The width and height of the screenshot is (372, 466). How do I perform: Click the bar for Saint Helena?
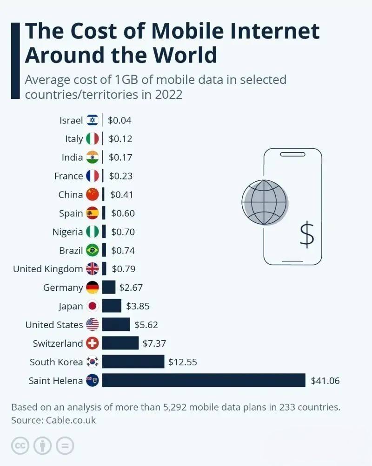pos(204,380)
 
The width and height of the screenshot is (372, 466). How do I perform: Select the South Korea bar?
pos(133,362)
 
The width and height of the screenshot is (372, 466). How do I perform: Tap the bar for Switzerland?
pos(120,343)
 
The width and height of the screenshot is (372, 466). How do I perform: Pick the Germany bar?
pos(108,287)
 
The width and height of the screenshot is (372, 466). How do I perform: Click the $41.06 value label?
pos(325,381)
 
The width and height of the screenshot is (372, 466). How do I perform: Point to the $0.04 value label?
pos(120,120)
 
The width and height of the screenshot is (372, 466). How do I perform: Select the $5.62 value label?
pos(146,325)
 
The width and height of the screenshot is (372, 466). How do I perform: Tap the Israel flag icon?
pos(93,120)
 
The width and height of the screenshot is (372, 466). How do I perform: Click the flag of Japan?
pos(93,306)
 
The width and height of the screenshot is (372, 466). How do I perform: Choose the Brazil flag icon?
pos(93,250)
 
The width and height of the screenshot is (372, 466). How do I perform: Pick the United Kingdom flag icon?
pos(93,269)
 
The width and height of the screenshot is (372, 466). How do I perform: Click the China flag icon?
pos(93,194)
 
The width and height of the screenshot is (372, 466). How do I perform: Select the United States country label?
pos(54,325)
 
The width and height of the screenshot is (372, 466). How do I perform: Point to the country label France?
pos(68,176)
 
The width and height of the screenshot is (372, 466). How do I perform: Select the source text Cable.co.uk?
pos(71,420)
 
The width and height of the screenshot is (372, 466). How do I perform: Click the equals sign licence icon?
pos(65,446)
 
